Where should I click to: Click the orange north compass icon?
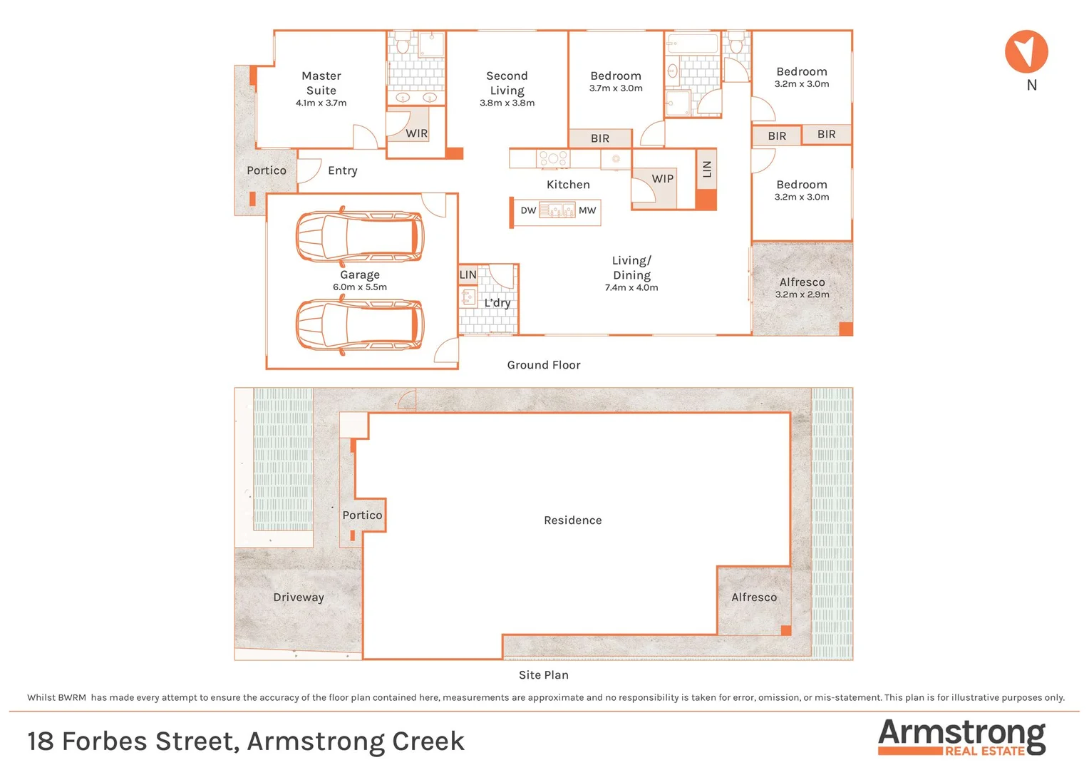[x=1026, y=51]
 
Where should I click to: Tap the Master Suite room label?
[x=321, y=83]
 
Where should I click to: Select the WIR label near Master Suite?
[x=416, y=133]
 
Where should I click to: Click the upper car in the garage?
[x=360, y=236]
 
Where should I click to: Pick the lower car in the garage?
[x=360, y=325]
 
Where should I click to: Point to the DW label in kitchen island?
[x=528, y=210]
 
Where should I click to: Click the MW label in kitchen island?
[x=587, y=210]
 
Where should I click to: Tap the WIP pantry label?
[x=662, y=179]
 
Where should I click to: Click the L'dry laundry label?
[x=497, y=303]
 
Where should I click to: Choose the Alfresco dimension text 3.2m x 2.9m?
[x=802, y=294]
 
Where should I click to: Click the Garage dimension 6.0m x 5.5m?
[x=360, y=287]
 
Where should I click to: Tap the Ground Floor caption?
[x=544, y=365]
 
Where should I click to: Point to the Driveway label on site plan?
[x=299, y=597]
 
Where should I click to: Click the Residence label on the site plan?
[x=572, y=520]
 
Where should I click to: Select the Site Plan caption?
[x=544, y=675]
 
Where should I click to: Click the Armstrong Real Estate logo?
[x=961, y=736]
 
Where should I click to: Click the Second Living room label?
[x=507, y=83]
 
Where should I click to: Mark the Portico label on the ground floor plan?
[x=267, y=170]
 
